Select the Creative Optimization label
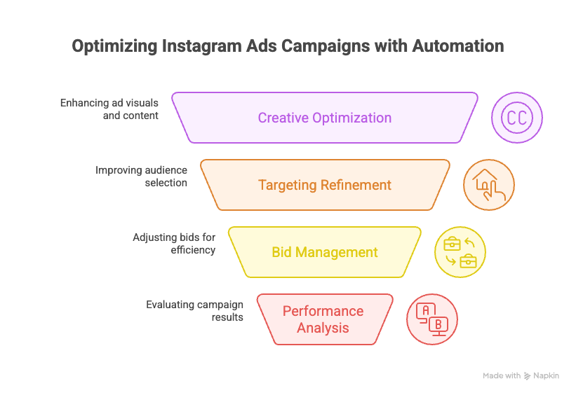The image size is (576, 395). click(x=324, y=118)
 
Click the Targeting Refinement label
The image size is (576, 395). click(x=324, y=185)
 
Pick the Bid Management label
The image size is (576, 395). click(x=324, y=252)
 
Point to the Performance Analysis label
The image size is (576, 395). click(x=323, y=319)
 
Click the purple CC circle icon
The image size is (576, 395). click(x=517, y=118)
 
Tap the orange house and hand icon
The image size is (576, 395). click(x=489, y=185)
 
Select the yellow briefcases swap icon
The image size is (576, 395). click(x=460, y=252)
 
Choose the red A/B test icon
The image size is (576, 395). click(x=432, y=319)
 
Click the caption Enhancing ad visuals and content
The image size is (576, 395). click(x=109, y=109)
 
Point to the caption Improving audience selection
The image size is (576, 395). click(x=141, y=176)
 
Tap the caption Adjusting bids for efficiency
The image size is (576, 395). click(x=174, y=243)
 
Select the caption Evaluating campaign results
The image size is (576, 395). click(x=194, y=310)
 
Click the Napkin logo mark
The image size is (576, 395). click(x=527, y=376)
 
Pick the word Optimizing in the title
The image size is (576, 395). click(x=115, y=46)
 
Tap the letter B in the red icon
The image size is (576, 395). click(x=438, y=324)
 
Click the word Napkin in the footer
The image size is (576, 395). click(x=546, y=376)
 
